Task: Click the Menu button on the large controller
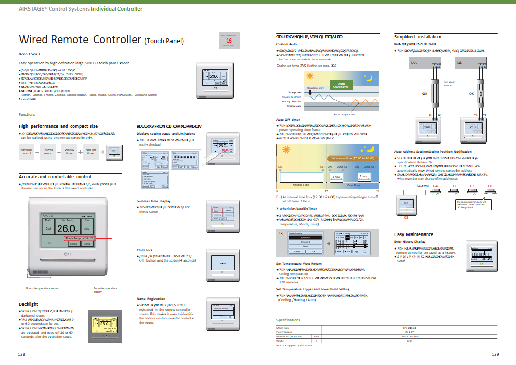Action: tap(87, 243)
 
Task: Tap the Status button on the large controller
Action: tap(73, 243)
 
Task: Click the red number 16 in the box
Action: tap(229, 40)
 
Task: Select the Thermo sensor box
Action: tap(47, 152)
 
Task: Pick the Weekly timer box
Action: tap(69, 152)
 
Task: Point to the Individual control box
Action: tap(26, 152)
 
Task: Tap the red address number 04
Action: tap(435, 186)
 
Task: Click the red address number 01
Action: tap(489, 186)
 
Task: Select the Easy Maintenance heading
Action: tap(413, 234)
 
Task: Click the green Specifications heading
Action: tap(288, 320)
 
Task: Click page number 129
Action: tap(495, 354)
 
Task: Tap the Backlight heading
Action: tap(29, 304)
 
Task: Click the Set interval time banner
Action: tap(352, 158)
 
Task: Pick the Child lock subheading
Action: tap(144, 250)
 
